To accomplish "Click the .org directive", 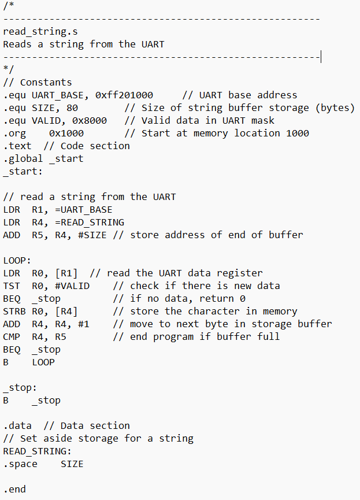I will [x=14, y=134].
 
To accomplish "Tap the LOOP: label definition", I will [x=17, y=261].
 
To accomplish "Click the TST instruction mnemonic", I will [x=11, y=286].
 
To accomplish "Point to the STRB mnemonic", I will [x=14, y=312].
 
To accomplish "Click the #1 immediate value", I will [x=83, y=324].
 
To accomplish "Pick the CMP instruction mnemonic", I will [x=11, y=337].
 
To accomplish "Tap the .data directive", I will [x=17, y=426].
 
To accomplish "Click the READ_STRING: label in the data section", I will [x=37, y=451].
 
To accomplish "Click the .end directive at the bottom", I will [x=14, y=490].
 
